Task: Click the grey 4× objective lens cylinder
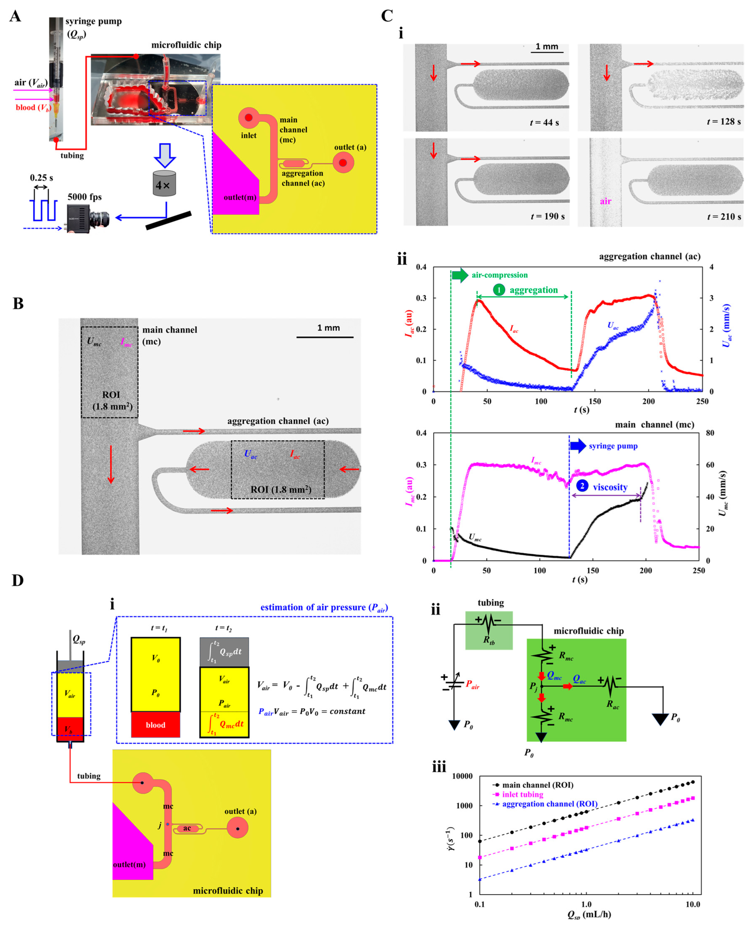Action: (x=165, y=184)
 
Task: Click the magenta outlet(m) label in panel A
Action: (x=240, y=197)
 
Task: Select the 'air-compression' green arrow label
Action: (x=499, y=275)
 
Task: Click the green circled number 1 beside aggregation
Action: (x=499, y=290)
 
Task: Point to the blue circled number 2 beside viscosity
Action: (x=582, y=486)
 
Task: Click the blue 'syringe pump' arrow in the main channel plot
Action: (x=578, y=446)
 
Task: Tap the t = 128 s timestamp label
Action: (x=724, y=122)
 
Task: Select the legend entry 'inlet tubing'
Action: (x=522, y=795)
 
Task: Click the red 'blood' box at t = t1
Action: (x=155, y=725)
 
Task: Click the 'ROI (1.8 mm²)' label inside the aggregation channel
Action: (x=281, y=490)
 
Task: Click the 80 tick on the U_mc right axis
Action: (x=710, y=433)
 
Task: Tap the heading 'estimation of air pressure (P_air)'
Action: (x=324, y=607)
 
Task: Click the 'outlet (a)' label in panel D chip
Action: (x=240, y=811)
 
